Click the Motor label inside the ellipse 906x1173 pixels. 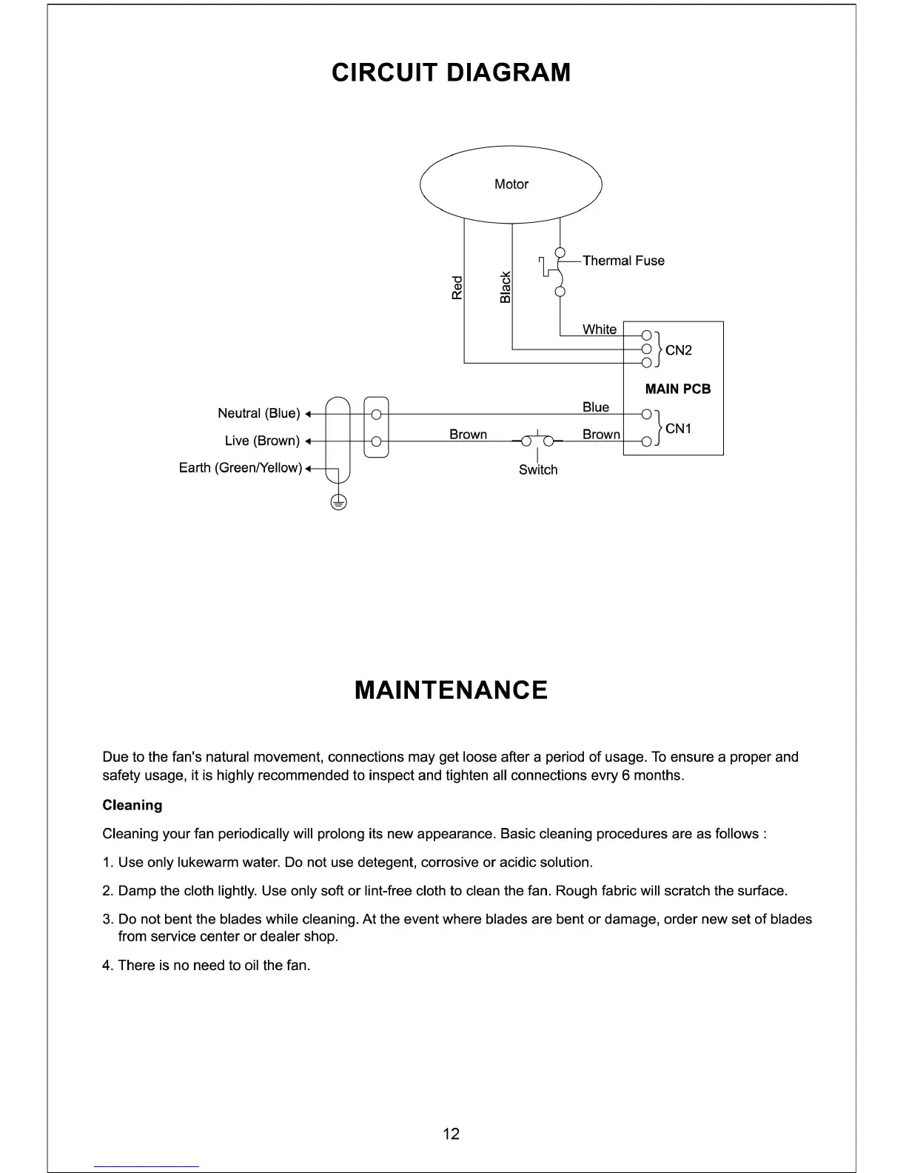click(x=511, y=184)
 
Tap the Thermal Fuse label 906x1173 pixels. click(x=623, y=261)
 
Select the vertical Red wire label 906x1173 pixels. click(x=457, y=287)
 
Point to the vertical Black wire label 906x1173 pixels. click(x=506, y=287)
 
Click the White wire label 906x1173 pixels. click(x=599, y=330)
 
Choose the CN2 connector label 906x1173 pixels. click(x=678, y=350)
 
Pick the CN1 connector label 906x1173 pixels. click(x=678, y=429)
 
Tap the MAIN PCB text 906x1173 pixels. click(x=677, y=390)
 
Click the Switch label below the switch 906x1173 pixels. click(x=538, y=470)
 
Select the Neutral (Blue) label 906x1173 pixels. click(x=259, y=413)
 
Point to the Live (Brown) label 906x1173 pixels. click(x=262, y=441)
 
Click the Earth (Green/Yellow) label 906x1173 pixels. click(x=241, y=468)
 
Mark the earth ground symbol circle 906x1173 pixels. click(x=338, y=503)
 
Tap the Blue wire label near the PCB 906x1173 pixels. click(x=595, y=407)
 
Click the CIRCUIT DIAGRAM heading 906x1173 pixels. click(x=452, y=73)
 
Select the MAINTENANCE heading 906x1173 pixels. click(x=452, y=690)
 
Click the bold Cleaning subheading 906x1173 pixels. click(x=132, y=805)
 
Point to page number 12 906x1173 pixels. click(x=451, y=1134)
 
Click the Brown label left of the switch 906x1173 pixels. click(x=468, y=435)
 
